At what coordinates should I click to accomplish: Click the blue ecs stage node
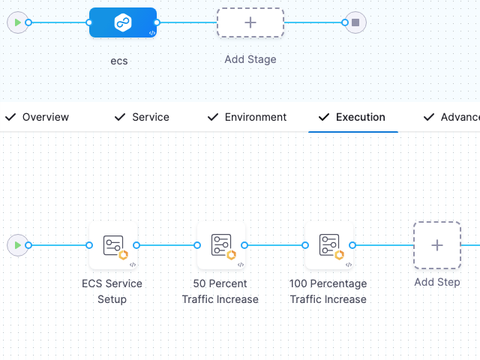pos(122,22)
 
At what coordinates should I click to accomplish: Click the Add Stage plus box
pos(250,22)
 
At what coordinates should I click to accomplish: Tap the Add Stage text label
pos(250,59)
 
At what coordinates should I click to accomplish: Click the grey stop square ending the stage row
pos(355,22)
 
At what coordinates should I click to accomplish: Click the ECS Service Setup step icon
pos(112,245)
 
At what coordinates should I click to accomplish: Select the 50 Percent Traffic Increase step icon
pos(220,245)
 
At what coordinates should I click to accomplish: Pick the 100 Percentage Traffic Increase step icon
pos(328,245)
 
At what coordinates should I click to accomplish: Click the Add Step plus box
pos(436,245)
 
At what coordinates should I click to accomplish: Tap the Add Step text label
pos(436,283)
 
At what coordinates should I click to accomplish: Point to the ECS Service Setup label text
pos(112,291)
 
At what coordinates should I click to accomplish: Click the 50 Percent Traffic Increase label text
pos(220,291)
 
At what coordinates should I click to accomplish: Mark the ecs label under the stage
pos(118,61)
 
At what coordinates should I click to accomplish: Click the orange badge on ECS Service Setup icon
pos(124,255)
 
